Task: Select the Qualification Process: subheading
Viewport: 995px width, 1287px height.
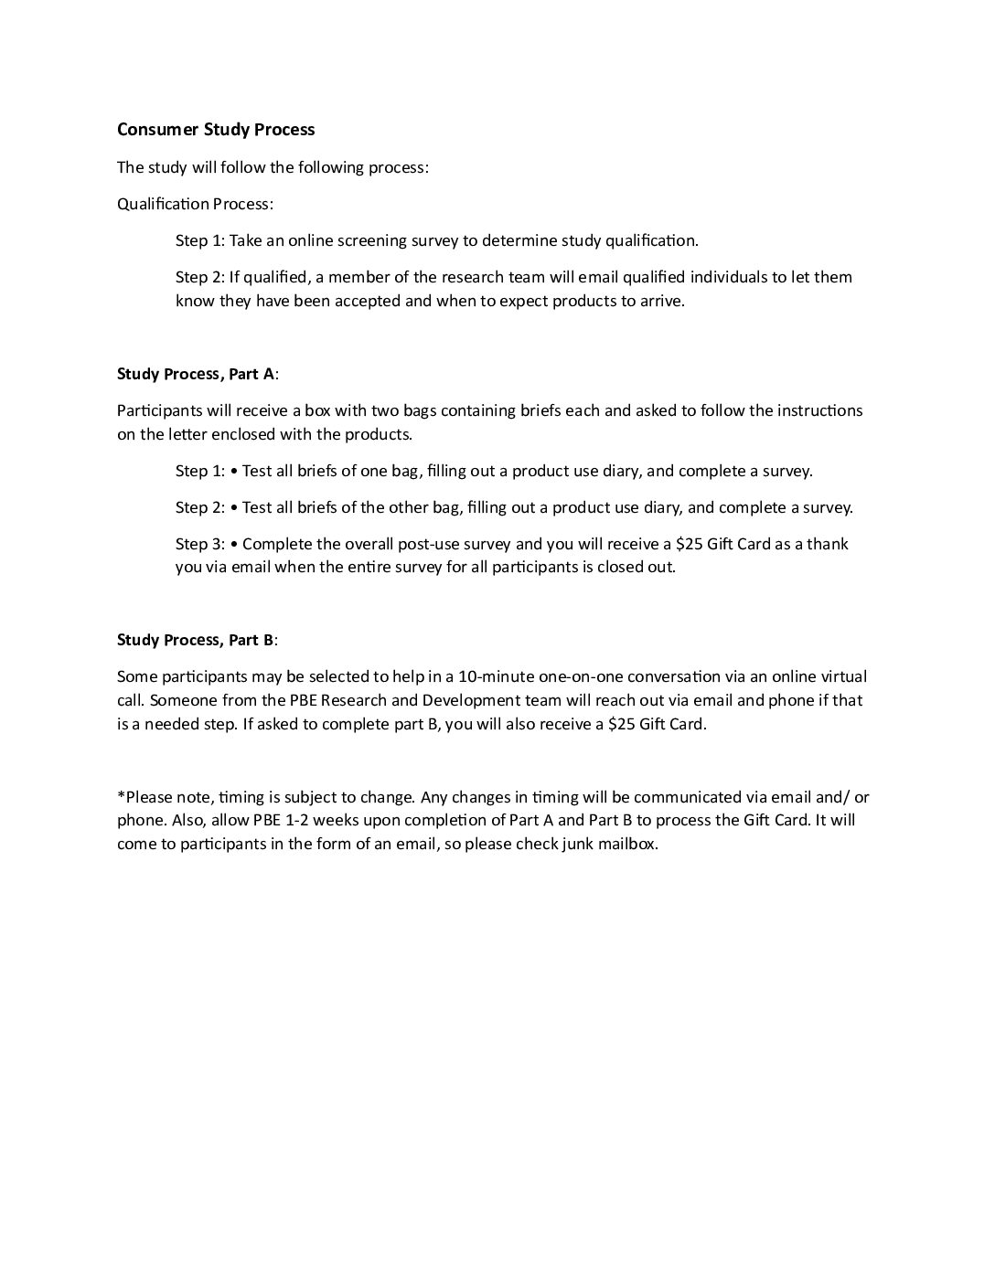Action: [195, 204]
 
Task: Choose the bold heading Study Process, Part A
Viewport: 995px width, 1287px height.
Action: [196, 374]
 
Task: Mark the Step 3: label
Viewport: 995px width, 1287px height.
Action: [199, 544]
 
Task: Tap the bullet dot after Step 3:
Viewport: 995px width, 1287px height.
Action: [235, 544]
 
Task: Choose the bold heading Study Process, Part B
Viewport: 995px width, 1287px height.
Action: [196, 640]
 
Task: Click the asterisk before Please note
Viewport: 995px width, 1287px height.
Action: [121, 796]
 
